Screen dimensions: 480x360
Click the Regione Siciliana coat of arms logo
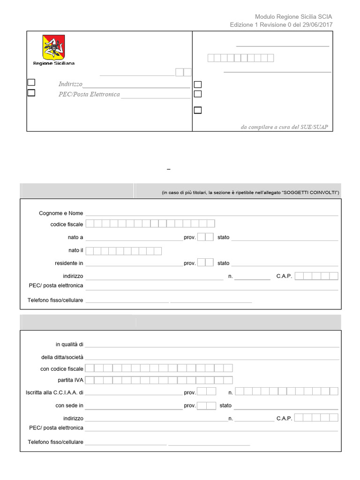click(53, 47)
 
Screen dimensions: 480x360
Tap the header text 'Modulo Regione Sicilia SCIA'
click(293, 16)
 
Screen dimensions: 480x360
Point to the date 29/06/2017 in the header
click(317, 25)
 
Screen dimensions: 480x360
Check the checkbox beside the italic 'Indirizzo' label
click(31, 82)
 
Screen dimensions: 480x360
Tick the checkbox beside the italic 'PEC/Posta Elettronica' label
click(31, 93)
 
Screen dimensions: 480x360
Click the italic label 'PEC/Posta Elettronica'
click(89, 94)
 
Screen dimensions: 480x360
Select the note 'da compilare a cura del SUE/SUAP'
click(287, 127)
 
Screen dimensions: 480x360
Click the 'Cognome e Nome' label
click(61, 213)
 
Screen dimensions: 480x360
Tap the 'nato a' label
click(75, 237)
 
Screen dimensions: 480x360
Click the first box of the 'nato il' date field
click(90, 251)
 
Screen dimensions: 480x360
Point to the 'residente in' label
click(69, 263)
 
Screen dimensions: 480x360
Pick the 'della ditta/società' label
click(62, 357)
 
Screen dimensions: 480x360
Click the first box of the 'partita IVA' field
click(90, 380)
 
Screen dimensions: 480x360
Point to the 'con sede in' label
click(69, 405)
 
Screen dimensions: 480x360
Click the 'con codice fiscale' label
click(62, 369)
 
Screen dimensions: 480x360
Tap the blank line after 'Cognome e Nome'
click(211, 214)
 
